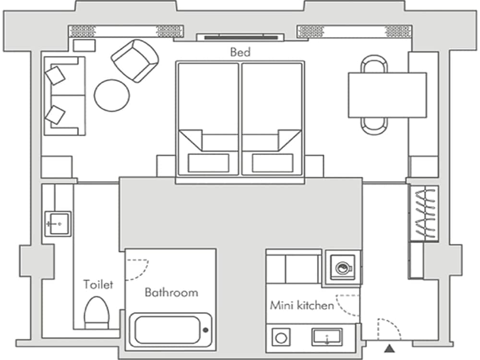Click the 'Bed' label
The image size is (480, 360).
240,52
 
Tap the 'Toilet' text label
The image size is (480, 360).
98,284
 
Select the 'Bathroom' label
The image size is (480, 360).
171,292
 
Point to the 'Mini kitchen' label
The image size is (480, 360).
301,305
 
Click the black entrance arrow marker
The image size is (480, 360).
388,348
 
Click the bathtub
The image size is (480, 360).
170,330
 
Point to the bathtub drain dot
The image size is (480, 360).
205,330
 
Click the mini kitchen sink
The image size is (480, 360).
327,336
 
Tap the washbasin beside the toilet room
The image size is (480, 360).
58,224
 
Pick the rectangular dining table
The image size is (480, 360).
387,95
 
